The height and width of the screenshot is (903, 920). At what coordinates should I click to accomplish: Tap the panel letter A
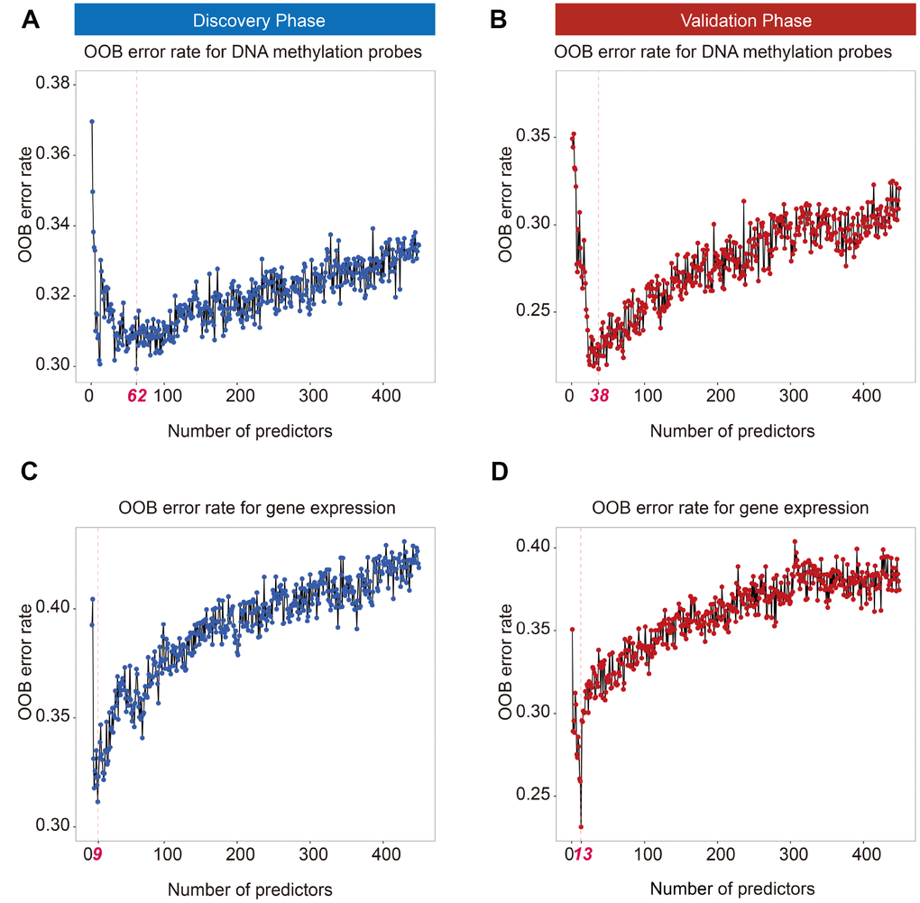point(31,20)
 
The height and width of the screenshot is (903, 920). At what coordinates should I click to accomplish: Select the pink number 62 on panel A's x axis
point(137,395)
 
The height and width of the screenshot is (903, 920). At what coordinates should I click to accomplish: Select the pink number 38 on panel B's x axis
point(598,395)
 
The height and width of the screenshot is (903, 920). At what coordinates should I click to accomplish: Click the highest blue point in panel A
point(92,121)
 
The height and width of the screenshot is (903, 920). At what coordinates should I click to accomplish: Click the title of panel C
point(257,508)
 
